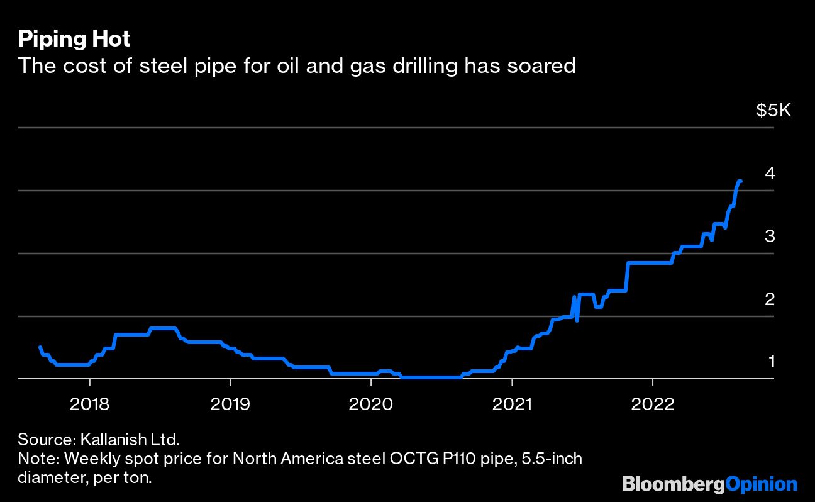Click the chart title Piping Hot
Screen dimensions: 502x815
click(74, 39)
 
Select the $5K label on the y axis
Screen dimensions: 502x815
click(773, 111)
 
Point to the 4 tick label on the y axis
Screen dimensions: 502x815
click(769, 173)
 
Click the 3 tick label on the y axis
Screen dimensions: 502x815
click(769, 236)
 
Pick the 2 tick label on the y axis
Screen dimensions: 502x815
click(769, 299)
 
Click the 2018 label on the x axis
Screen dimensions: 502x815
click(89, 403)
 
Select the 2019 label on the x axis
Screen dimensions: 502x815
click(230, 403)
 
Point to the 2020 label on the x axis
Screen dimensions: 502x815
click(371, 403)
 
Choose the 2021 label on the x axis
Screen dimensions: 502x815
click(512, 403)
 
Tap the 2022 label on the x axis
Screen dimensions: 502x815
click(653, 403)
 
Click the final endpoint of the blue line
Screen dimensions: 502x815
click(741, 181)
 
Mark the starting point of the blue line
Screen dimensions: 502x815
click(40, 347)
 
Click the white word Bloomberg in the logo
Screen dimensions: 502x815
click(673, 484)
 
